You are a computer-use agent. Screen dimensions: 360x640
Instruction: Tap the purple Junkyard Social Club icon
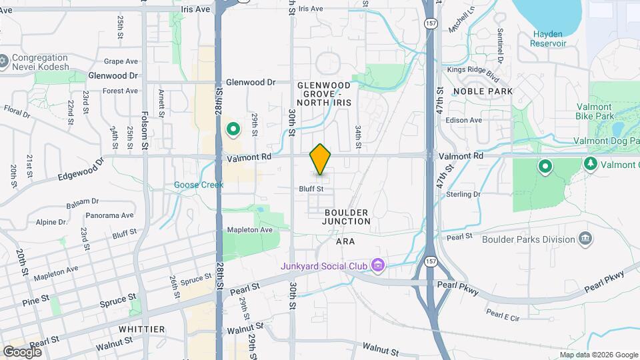click(378, 266)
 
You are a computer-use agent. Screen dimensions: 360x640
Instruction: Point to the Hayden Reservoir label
click(548, 39)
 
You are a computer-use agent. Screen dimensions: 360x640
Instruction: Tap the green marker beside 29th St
click(233, 129)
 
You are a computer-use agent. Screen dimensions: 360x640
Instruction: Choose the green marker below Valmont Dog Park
click(545, 166)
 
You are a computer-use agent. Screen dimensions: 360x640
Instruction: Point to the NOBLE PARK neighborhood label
click(483, 91)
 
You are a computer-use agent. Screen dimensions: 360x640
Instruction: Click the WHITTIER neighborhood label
click(141, 329)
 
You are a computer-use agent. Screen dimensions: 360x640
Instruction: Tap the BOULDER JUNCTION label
click(347, 217)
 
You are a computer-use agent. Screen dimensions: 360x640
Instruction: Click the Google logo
click(22, 351)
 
